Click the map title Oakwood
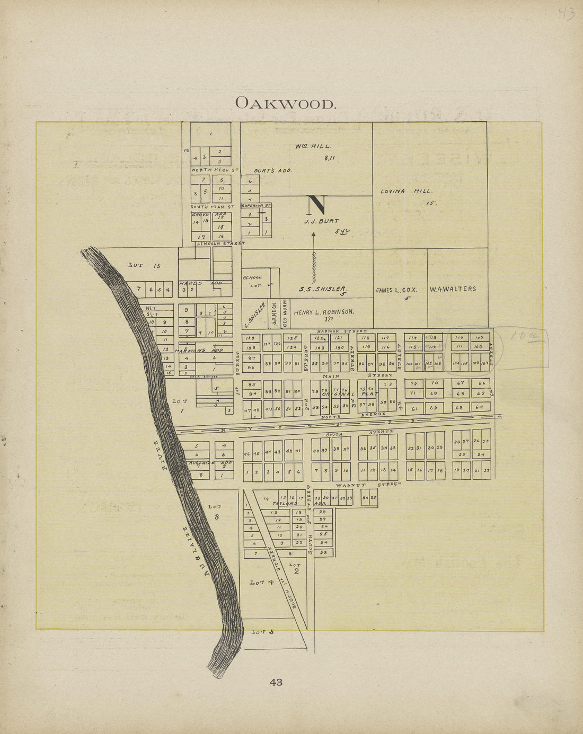click(286, 103)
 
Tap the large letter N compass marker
click(316, 204)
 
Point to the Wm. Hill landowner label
click(313, 146)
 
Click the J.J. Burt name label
click(321, 221)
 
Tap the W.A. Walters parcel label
click(453, 289)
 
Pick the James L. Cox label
click(397, 290)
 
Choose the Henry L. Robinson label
click(324, 312)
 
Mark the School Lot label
click(252, 281)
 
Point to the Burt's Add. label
click(272, 171)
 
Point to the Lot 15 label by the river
click(144, 265)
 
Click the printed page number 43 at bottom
click(276, 682)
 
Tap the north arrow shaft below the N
click(314, 259)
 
